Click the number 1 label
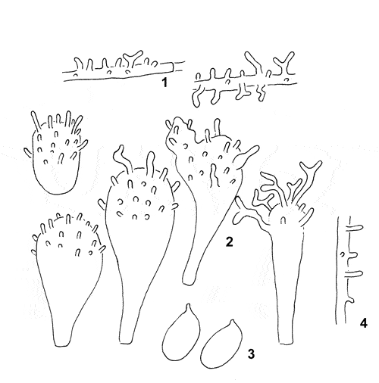164,83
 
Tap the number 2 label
229,241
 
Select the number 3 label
251,353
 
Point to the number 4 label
363,323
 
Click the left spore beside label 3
181,332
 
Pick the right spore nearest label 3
221,344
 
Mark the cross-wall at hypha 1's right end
173,67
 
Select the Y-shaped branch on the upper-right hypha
285,63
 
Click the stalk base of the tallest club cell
126,341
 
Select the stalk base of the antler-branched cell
286,341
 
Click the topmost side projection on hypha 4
356,228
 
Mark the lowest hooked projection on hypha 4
350,300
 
